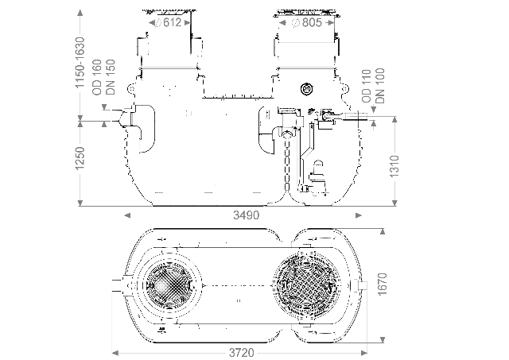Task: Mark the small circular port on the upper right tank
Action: [306, 88]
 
